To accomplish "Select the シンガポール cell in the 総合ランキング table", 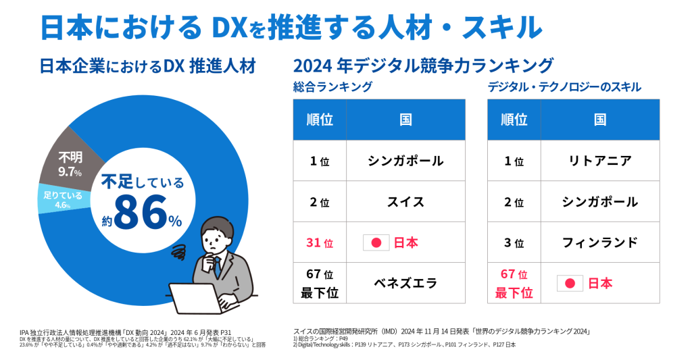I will pos(405,161).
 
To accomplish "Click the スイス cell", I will pos(405,201).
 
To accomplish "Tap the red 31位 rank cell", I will pos(320,242).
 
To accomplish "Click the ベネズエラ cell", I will pos(405,283).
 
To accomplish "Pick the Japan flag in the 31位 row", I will pos(376,242).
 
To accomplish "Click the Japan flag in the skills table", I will pos(570,283).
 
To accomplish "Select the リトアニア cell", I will pos(599,161).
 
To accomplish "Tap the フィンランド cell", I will pos(599,242).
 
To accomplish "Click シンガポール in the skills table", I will pos(599,201).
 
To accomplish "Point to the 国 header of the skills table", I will pos(599,120).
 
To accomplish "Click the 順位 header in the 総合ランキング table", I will pos(320,120).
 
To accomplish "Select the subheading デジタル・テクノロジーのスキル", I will pos(564,87).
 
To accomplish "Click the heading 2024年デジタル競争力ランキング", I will pos(423,66).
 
